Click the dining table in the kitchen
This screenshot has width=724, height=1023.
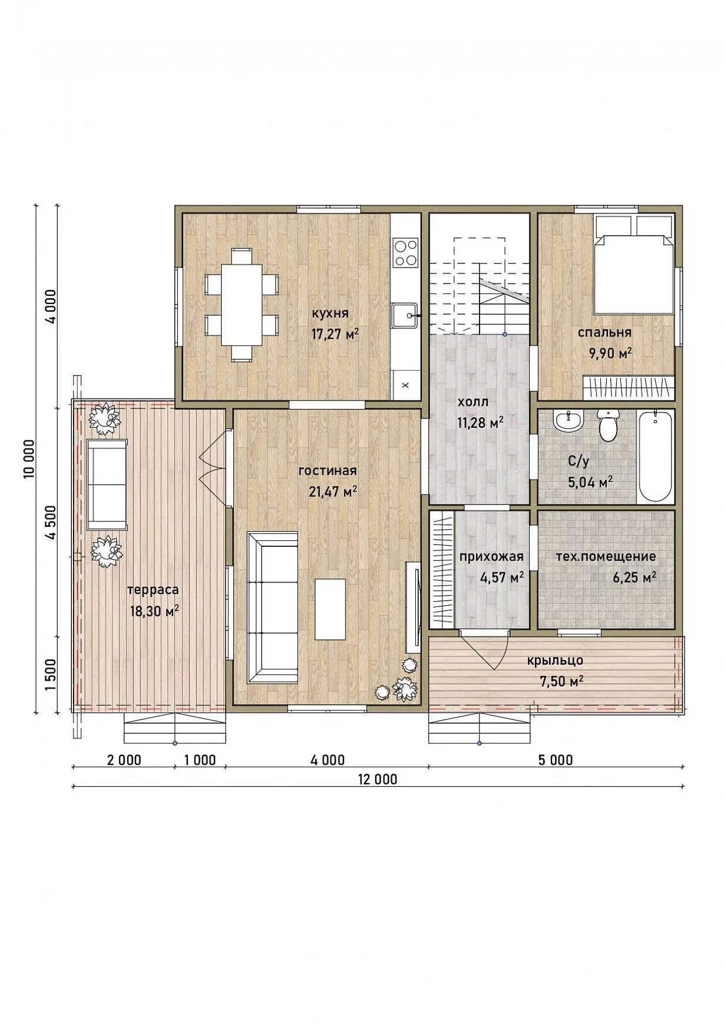click(242, 305)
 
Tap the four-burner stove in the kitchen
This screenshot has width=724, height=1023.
click(405, 252)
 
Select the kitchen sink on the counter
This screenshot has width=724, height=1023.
click(405, 316)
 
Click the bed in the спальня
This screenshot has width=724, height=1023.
click(633, 265)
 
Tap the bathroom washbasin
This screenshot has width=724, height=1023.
click(568, 420)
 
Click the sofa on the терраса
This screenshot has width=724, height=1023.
click(107, 485)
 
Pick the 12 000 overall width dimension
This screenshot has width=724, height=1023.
click(378, 780)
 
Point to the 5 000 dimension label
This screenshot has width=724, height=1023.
click(556, 760)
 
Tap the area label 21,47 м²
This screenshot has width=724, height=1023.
click(333, 491)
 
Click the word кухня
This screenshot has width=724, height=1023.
click(330, 313)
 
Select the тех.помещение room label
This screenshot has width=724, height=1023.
click(606, 556)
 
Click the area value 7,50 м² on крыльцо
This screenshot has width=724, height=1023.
click(561, 681)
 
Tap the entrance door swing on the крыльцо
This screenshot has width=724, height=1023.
click(485, 651)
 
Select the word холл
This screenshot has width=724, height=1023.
click(472, 402)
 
